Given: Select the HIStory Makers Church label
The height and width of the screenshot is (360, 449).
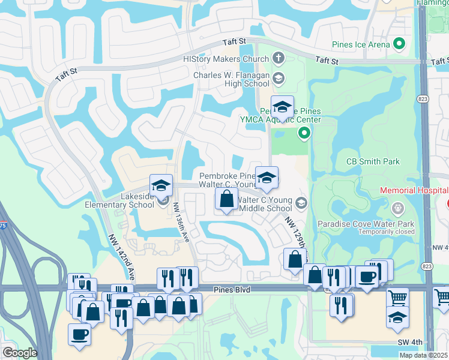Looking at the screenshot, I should (x=226, y=59).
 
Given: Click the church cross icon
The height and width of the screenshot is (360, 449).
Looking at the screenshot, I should (x=277, y=59).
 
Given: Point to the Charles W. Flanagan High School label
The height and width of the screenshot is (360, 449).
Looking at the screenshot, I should (x=231, y=80).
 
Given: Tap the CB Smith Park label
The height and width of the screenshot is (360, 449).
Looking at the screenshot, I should (x=373, y=161).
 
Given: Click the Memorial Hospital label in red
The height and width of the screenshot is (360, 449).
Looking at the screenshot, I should (x=414, y=191).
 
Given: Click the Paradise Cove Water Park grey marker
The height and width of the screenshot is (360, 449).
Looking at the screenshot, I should (x=396, y=208).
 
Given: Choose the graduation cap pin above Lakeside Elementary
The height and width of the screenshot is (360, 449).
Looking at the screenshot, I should (x=161, y=186).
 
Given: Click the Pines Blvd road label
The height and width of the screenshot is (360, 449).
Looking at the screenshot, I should (x=231, y=290).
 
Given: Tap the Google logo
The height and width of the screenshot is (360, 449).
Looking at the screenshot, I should (x=20, y=353).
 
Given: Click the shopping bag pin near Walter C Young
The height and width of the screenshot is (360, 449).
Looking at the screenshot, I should (x=226, y=199).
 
